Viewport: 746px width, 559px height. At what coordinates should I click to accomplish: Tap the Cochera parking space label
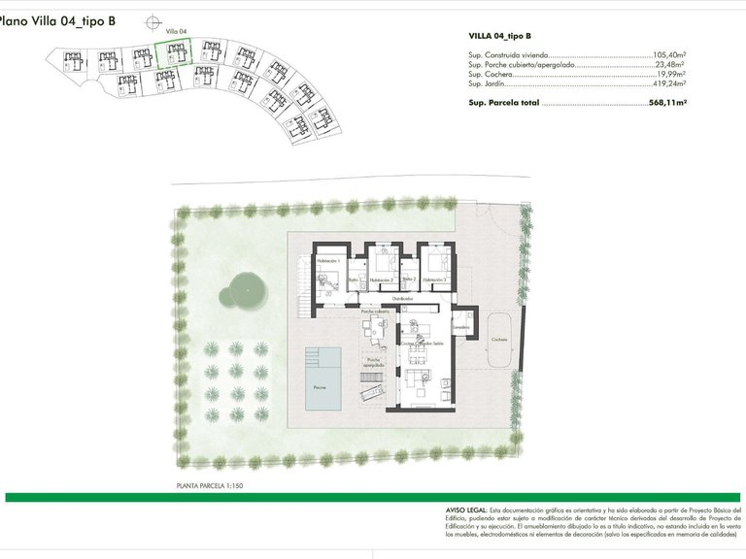coord(499,340)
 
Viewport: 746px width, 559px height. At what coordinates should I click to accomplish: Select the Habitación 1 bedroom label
coord(331,261)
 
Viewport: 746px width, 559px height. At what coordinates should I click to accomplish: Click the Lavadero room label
coord(461,327)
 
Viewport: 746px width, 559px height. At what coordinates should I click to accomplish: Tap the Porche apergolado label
coord(375,362)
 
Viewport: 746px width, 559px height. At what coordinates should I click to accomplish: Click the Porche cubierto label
coord(375,312)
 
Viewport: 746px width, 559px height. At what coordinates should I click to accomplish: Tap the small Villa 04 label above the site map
coord(176,31)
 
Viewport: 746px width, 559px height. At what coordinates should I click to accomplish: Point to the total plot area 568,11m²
coord(667,101)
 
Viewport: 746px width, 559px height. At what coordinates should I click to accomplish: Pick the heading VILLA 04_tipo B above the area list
coord(499,37)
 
